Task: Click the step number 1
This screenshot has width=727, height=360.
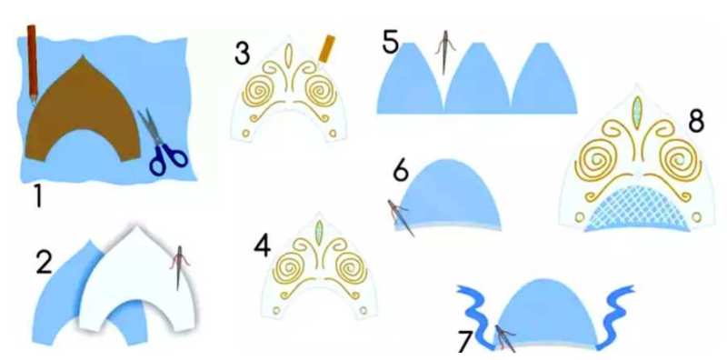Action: point(37,195)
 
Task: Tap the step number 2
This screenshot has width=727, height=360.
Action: point(45,264)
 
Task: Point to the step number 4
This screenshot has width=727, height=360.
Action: point(262,245)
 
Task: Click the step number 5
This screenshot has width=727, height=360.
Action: point(391,41)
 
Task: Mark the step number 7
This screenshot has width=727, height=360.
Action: point(463,344)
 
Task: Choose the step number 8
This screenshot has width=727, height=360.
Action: point(696,121)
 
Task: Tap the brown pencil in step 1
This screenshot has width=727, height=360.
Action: point(33,63)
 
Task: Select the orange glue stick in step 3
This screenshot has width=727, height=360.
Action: point(327,49)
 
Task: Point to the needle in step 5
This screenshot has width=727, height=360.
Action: point(445,52)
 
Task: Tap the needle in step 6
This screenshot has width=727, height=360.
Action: point(400,217)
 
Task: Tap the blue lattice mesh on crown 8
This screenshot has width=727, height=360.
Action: point(637,209)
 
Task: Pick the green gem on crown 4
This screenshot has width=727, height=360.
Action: point(319,231)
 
